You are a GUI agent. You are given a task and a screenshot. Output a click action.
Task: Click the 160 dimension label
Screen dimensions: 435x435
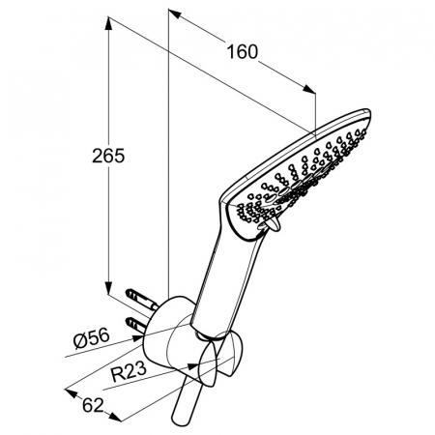[243, 51]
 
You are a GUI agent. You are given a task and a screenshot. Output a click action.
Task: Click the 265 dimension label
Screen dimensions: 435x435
[108, 156]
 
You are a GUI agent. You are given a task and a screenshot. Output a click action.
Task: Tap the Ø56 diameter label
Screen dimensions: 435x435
[91, 338]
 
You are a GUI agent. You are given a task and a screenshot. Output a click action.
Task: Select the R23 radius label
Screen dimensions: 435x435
[129, 371]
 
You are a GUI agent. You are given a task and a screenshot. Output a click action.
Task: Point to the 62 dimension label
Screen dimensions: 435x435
[93, 405]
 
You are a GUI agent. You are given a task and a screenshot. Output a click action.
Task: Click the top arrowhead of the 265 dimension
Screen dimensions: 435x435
[108, 23]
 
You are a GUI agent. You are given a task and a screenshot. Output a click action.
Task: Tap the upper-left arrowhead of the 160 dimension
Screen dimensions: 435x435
[174, 14]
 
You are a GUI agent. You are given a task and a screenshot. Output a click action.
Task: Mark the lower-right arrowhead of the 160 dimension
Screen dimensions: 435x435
[309, 89]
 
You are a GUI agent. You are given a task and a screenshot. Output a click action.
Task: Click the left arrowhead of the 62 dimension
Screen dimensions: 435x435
[71, 392]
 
